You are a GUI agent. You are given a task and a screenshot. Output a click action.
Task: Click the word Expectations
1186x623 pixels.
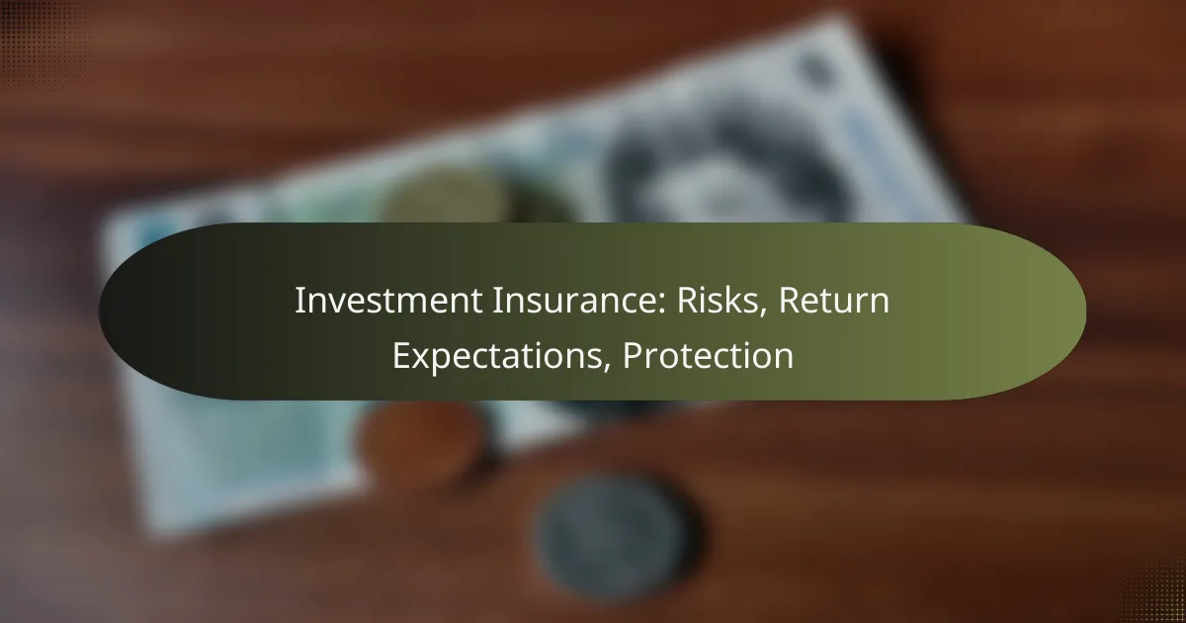(501, 355)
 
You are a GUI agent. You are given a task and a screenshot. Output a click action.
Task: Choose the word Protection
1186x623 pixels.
(708, 355)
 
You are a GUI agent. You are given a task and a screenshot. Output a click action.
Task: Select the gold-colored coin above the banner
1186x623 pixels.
(445, 198)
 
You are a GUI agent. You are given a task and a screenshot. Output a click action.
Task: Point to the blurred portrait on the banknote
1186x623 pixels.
(692, 168)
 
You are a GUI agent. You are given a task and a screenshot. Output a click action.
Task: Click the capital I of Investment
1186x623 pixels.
(298, 302)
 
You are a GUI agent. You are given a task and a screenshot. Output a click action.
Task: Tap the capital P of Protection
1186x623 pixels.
(632, 355)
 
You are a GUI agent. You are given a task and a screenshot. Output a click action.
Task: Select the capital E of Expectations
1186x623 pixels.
(400, 355)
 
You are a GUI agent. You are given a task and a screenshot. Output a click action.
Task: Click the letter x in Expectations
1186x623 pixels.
(419, 357)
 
